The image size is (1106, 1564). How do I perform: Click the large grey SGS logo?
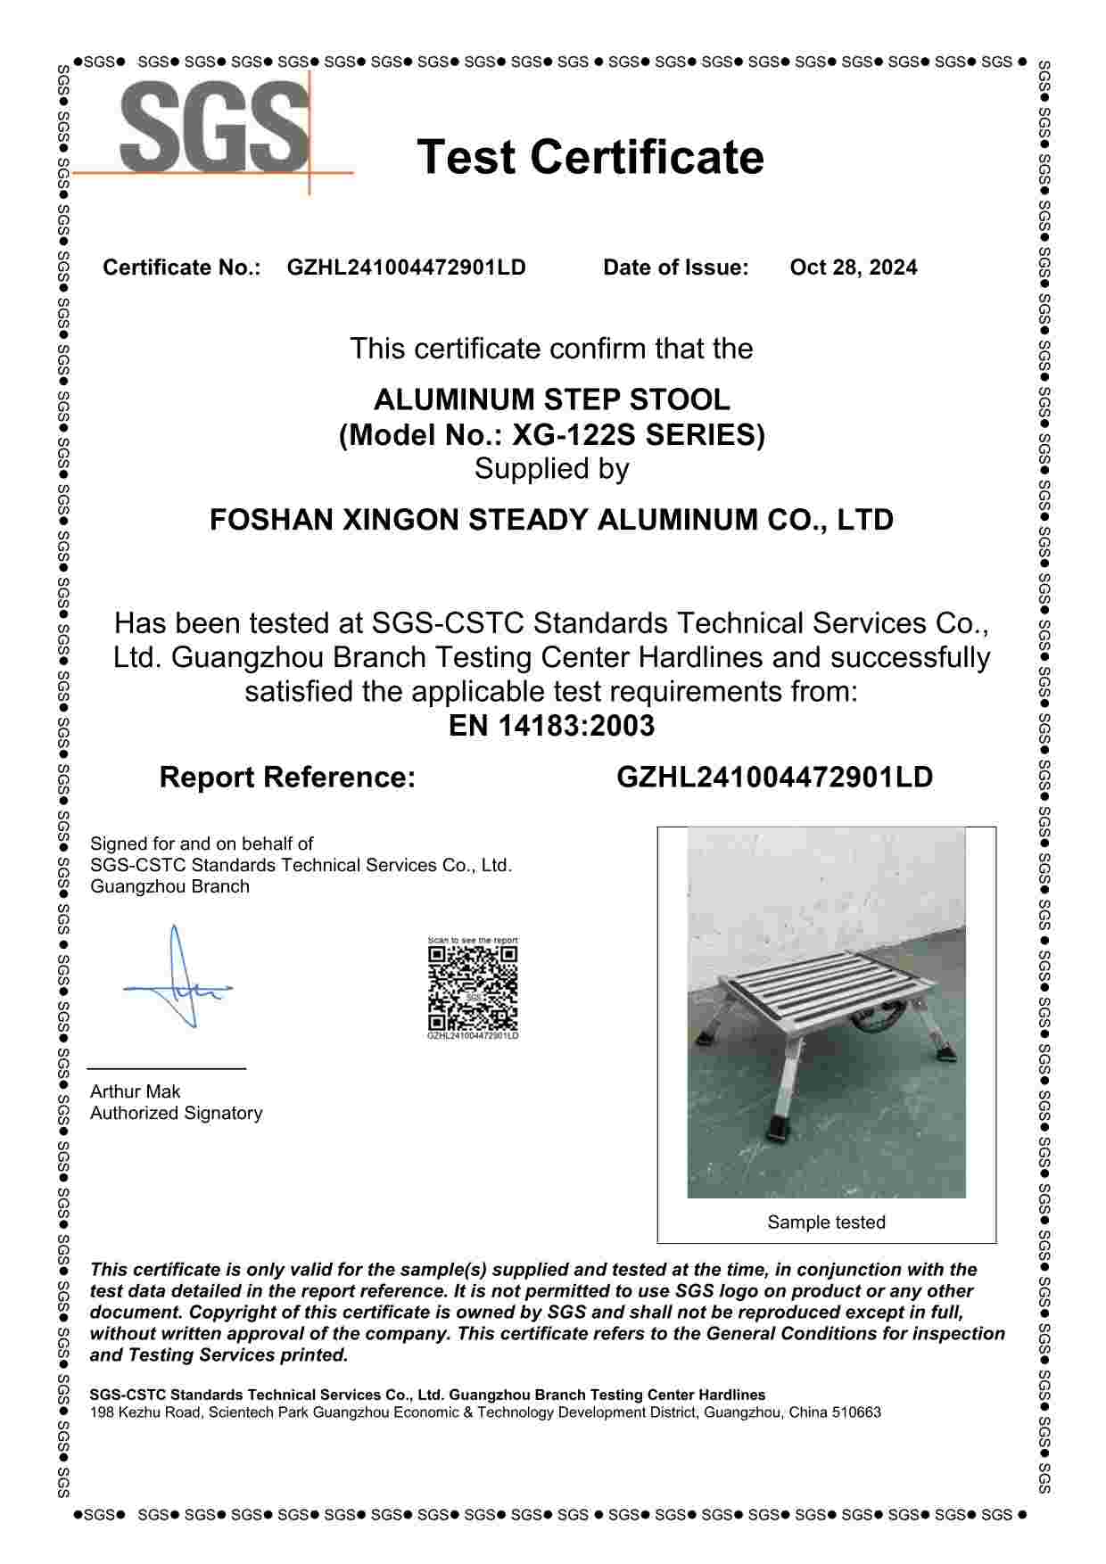[214, 127]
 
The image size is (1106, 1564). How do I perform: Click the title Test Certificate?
[590, 157]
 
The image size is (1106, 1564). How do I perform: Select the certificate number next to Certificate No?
[406, 268]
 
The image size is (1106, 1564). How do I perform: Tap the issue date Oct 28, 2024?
[853, 268]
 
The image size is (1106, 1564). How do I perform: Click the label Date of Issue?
[675, 268]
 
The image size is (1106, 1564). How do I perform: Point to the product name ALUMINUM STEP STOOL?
[551, 399]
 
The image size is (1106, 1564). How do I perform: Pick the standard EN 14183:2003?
[551, 726]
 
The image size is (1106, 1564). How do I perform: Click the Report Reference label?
[287, 778]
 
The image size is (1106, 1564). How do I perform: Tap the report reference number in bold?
[774, 778]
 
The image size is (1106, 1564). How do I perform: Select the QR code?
[473, 988]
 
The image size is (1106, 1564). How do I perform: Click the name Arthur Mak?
[136, 1091]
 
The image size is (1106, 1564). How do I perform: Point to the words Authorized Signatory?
[177, 1113]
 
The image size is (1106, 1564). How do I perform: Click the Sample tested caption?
[826, 1222]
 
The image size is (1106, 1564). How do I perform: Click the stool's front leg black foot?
[781, 1132]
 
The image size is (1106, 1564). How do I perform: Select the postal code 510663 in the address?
[856, 1412]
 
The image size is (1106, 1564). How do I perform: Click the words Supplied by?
[551, 469]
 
